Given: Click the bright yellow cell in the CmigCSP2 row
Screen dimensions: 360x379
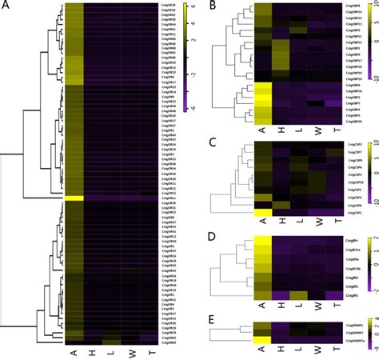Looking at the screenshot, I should pos(263,213).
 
